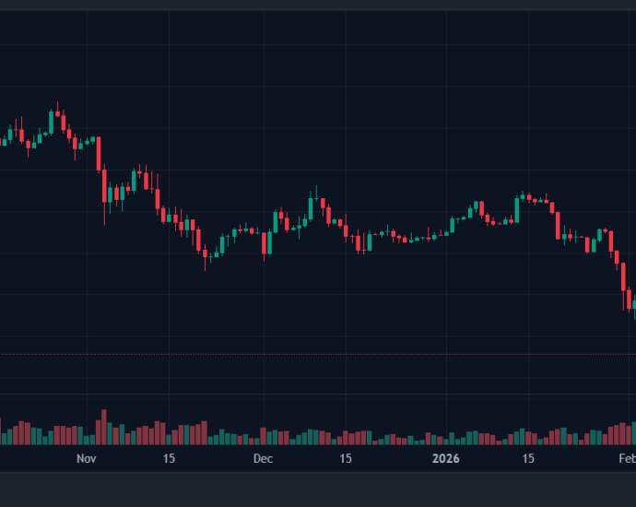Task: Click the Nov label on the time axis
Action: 86,458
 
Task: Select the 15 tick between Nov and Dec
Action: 169,458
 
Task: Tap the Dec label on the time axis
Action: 263,458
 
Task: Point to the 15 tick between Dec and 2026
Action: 346,458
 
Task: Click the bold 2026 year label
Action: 446,458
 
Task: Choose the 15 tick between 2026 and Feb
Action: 529,458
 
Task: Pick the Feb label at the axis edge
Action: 627,458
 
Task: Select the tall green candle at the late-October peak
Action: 52,121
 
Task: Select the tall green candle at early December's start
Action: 276,221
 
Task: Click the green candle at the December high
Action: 311,207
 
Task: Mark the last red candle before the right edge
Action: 629,300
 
